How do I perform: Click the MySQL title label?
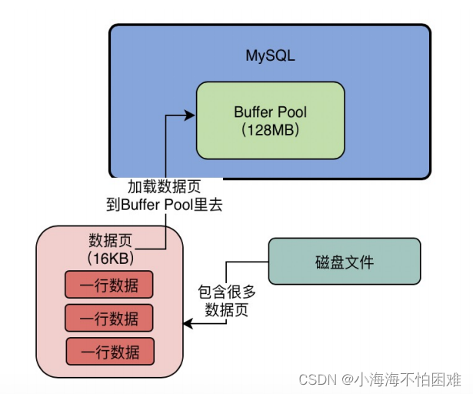coord(270,56)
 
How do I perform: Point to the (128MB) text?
coord(270,130)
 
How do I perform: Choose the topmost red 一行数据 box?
coord(110,285)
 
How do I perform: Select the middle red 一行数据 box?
coord(110,318)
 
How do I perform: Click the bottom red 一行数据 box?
coord(110,351)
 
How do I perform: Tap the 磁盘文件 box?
coord(344,261)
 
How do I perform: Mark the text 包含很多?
coord(228,292)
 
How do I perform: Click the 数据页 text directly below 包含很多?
coord(228,310)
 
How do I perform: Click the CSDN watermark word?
coord(315,379)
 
